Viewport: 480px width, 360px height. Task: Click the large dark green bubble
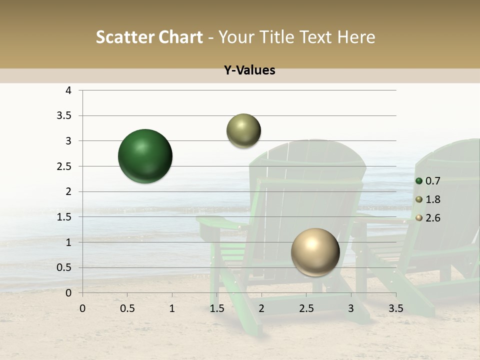pos(145,156)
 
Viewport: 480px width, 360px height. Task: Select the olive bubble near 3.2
pos(243,131)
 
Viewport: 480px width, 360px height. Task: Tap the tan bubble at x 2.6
pos(315,252)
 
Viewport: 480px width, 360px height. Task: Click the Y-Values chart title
pos(249,70)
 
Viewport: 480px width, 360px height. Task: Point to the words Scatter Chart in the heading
pos(149,37)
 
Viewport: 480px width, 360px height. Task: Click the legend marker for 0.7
pos(419,181)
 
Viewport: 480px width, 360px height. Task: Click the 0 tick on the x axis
pos(82,308)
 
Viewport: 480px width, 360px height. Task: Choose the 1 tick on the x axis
pos(172,308)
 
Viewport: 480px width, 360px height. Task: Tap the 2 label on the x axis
pos(261,308)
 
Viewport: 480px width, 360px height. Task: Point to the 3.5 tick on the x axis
pos(395,308)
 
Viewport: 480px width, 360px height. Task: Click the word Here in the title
pos(356,37)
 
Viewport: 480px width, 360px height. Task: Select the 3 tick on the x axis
pos(351,308)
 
